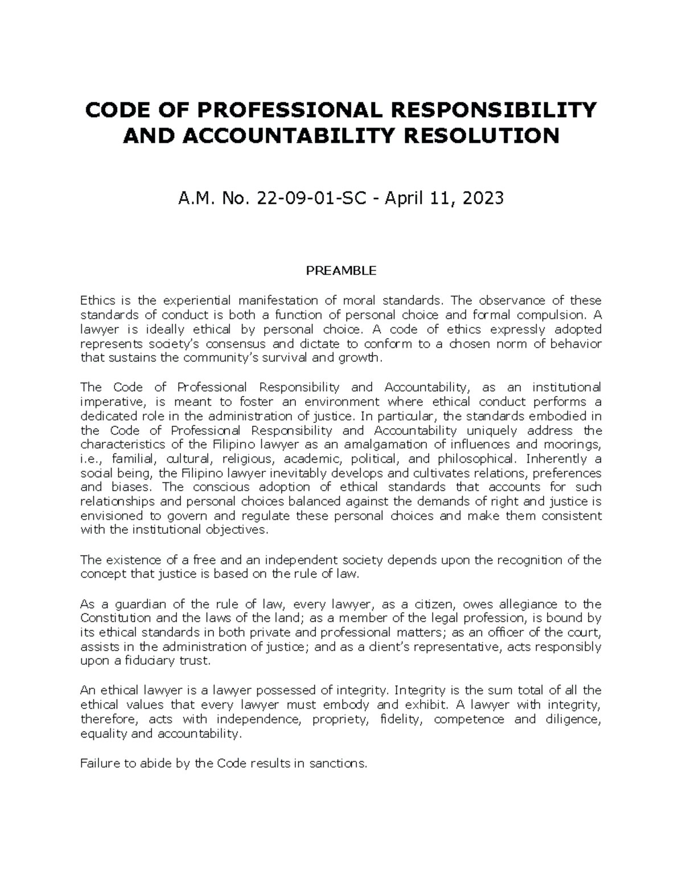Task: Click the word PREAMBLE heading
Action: (x=341, y=271)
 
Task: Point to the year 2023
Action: (x=483, y=198)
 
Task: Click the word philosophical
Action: (x=479, y=459)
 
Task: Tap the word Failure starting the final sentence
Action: (x=99, y=763)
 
